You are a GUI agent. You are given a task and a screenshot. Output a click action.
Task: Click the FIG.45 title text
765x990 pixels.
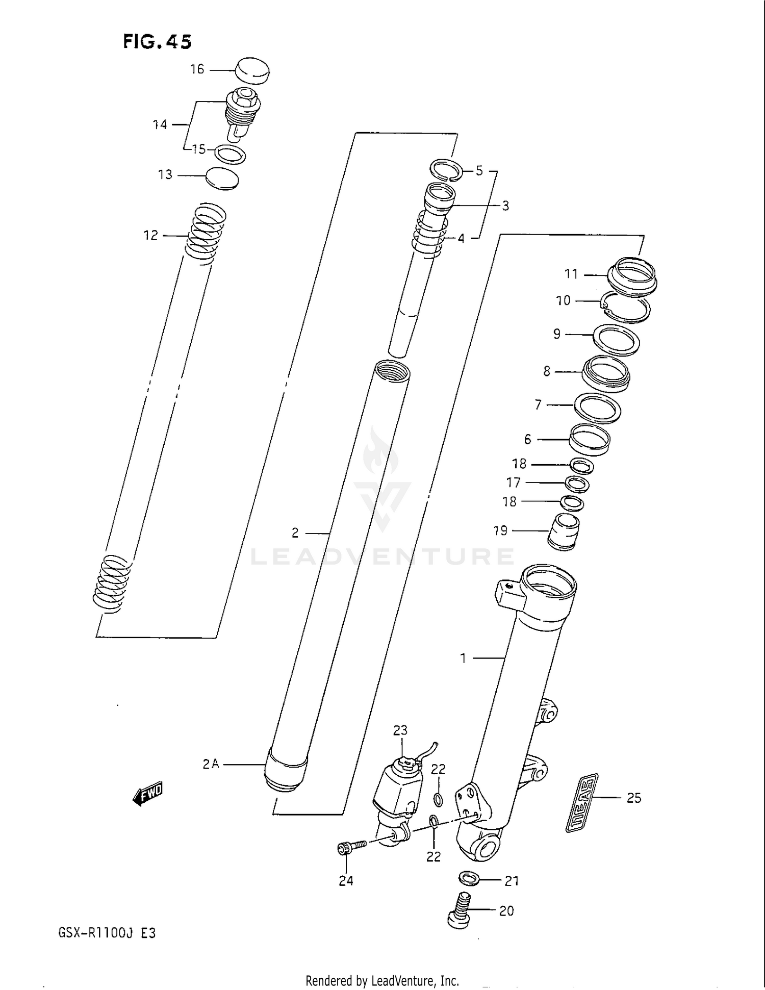click(157, 41)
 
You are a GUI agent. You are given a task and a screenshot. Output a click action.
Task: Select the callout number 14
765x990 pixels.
click(160, 124)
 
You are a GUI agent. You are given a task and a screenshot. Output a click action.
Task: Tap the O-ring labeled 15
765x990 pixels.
click(230, 154)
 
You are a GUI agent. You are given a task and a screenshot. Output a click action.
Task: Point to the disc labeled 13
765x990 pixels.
click(222, 179)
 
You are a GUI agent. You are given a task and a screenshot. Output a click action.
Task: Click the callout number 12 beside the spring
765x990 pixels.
click(150, 236)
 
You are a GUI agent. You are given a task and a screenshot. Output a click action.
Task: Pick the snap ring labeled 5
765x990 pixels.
click(446, 169)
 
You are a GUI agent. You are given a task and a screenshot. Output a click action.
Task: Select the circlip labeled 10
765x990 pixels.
click(626, 309)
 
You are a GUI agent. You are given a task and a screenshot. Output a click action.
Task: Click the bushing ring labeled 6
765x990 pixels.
click(590, 439)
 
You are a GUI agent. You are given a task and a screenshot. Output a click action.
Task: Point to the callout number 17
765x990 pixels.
click(513, 483)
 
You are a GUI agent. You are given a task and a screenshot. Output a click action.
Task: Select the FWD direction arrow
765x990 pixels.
click(147, 794)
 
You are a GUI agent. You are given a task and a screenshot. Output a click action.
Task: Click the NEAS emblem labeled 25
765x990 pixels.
click(582, 802)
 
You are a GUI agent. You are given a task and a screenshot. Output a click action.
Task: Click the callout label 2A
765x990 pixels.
click(210, 764)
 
